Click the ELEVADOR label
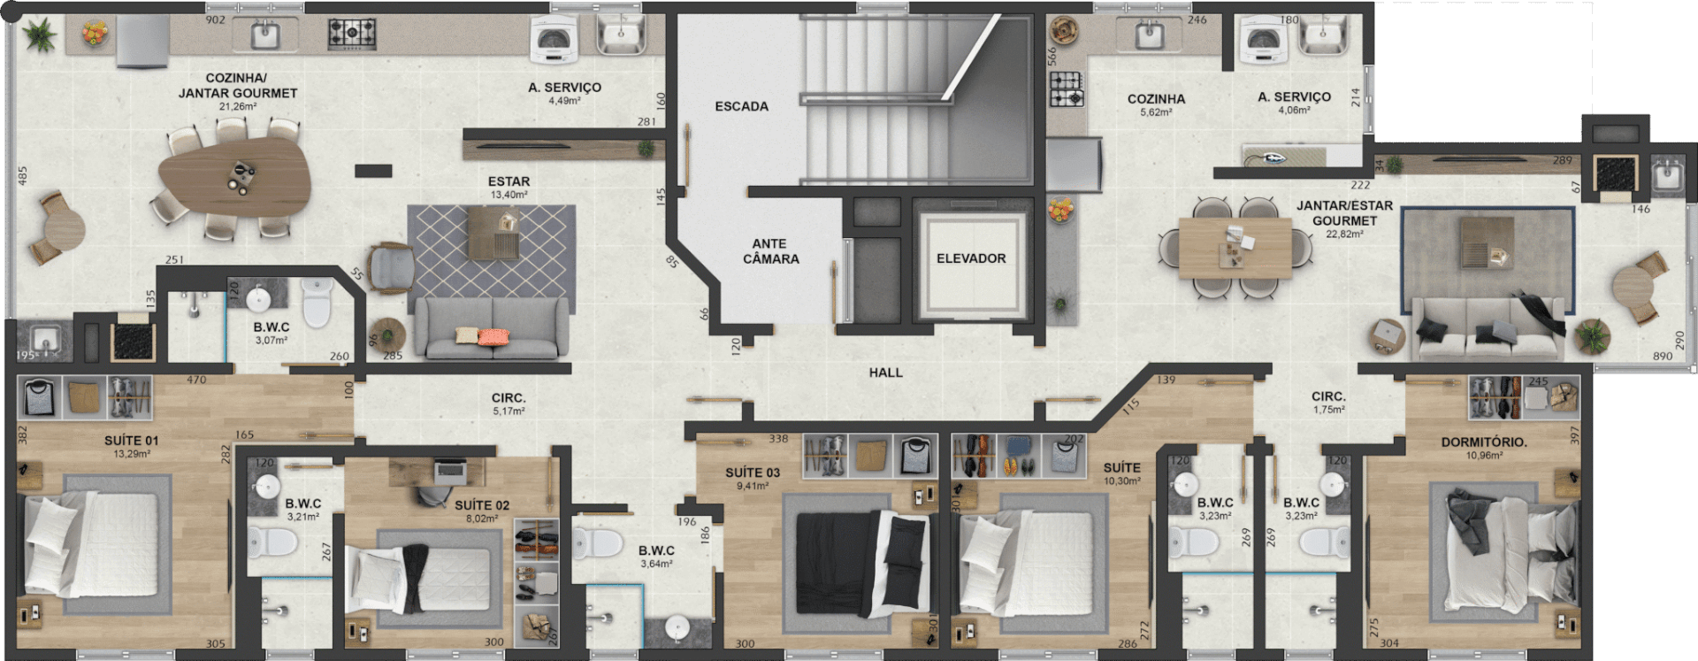[x=971, y=258]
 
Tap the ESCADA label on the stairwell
[x=741, y=106]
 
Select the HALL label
[x=885, y=373]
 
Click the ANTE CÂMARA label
[x=770, y=251]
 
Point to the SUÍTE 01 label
[x=132, y=441]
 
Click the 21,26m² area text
[x=238, y=107]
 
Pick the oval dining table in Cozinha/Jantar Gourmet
[x=234, y=175]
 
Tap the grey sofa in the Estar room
[x=492, y=327]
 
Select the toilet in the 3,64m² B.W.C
[x=597, y=542]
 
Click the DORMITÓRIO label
[x=1484, y=442]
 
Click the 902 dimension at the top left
[x=215, y=19]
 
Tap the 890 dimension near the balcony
[x=1663, y=356]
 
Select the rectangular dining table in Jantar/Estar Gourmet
[x=1235, y=248]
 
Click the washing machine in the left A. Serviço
[x=554, y=41]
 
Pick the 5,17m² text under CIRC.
[x=509, y=411]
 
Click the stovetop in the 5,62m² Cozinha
[x=1067, y=89]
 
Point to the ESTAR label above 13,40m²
[x=509, y=181]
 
